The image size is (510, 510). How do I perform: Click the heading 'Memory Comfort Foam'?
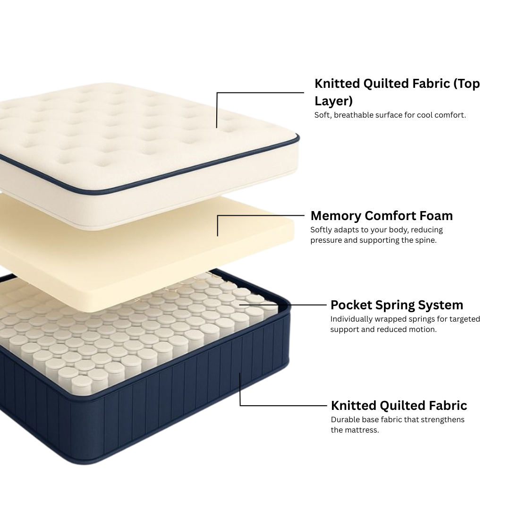[382, 216]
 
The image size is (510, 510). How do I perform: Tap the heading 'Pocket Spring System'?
[397, 305]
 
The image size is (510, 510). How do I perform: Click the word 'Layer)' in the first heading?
[333, 101]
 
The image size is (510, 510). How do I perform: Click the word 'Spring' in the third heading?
[395, 305]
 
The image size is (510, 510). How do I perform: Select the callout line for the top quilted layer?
[260, 93]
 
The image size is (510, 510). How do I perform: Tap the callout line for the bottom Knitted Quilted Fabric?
[283, 405]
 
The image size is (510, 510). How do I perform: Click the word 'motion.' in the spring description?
[422, 329]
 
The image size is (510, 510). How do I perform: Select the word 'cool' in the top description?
[426, 115]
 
